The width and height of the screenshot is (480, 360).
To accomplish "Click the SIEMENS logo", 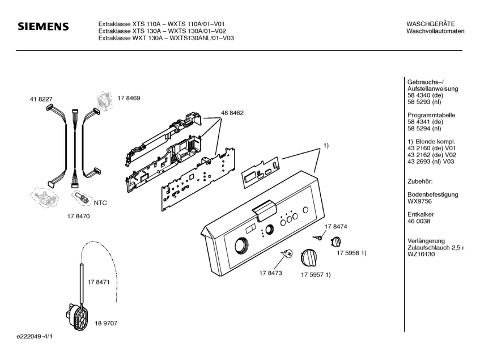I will (43, 27).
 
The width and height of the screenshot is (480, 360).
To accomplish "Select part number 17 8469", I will (129, 98).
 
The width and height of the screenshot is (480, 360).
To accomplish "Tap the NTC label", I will (100, 202).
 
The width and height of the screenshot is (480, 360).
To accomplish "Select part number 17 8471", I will (98, 282).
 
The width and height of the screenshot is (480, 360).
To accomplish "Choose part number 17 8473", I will (271, 273).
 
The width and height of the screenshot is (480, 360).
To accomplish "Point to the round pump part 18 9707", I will (78, 317).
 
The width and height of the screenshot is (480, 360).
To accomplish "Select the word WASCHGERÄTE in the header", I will (431, 23).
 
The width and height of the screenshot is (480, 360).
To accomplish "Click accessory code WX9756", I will (420, 201).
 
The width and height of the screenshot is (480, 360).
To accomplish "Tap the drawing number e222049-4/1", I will (35, 336).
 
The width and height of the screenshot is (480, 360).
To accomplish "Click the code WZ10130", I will (420, 255).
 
